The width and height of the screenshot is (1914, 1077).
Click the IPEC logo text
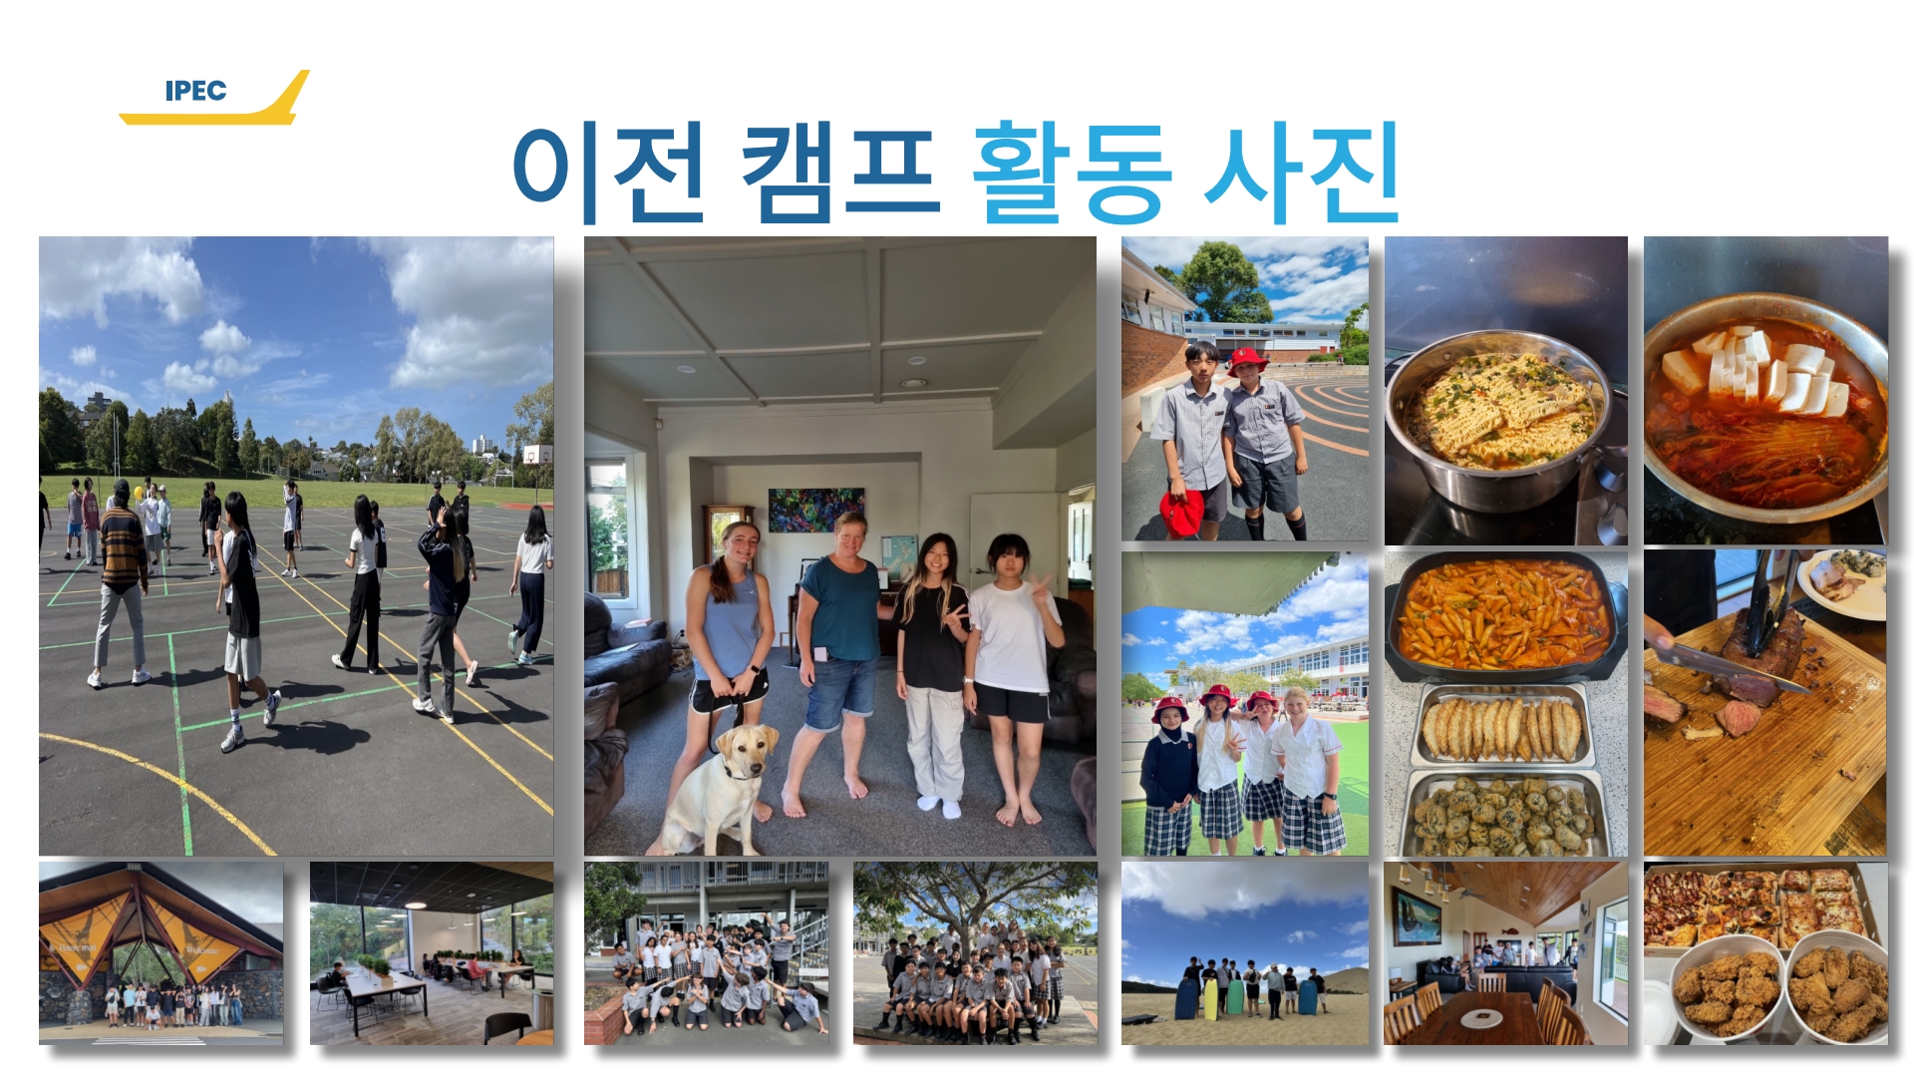195,91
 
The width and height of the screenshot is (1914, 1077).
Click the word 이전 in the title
609,172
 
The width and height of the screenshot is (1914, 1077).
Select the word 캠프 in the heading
840,172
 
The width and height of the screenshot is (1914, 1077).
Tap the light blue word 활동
1072,172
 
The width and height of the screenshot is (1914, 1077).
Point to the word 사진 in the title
1301,172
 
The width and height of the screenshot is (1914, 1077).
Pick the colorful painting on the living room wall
815,510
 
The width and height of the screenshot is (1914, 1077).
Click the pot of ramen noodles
1501,419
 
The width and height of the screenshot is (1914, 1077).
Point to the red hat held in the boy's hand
1182,514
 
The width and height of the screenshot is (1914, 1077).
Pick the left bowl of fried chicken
1729,986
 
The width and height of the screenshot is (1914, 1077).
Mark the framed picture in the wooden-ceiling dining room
1417,917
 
